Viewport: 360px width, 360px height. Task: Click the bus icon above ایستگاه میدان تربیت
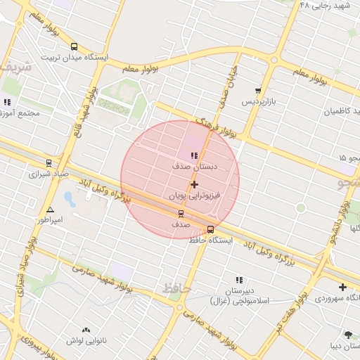point(74,46)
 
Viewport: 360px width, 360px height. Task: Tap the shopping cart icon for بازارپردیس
point(258,91)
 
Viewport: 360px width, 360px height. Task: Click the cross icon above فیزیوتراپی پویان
point(195,184)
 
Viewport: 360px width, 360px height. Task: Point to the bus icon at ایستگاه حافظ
point(211,229)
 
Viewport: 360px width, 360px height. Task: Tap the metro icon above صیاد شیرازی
point(49,162)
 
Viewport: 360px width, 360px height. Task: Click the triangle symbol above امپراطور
point(50,210)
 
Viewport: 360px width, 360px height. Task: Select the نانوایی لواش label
point(86,340)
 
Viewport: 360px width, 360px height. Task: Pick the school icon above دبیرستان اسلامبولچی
point(239,280)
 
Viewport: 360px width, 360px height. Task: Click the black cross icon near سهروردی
point(342,287)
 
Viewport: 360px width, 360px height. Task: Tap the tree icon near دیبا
point(347,335)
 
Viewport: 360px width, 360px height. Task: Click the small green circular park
point(301,207)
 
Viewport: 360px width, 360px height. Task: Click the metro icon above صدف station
point(181,213)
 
